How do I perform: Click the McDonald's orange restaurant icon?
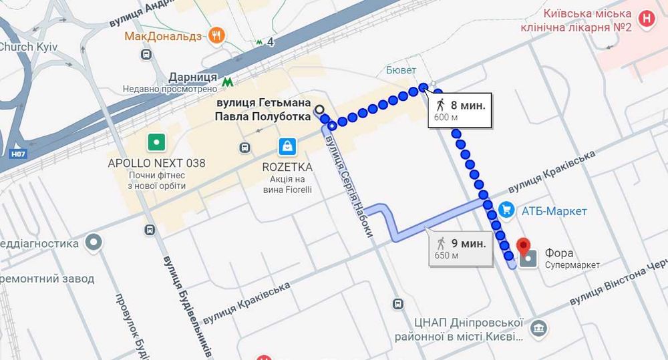(x=216, y=35)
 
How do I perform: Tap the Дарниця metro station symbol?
(x=228, y=82)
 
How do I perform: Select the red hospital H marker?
(x=646, y=19)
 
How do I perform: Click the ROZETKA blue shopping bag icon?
(x=287, y=146)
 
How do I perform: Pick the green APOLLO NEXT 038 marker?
(x=156, y=142)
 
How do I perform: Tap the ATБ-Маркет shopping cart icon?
(x=506, y=210)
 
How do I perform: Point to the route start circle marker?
(x=319, y=110)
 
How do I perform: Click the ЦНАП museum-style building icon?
(x=538, y=329)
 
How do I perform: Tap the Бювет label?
(x=401, y=70)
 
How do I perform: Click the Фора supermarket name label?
(x=559, y=253)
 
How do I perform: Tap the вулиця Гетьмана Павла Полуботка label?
(x=264, y=110)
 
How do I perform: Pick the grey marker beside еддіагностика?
(x=94, y=243)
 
